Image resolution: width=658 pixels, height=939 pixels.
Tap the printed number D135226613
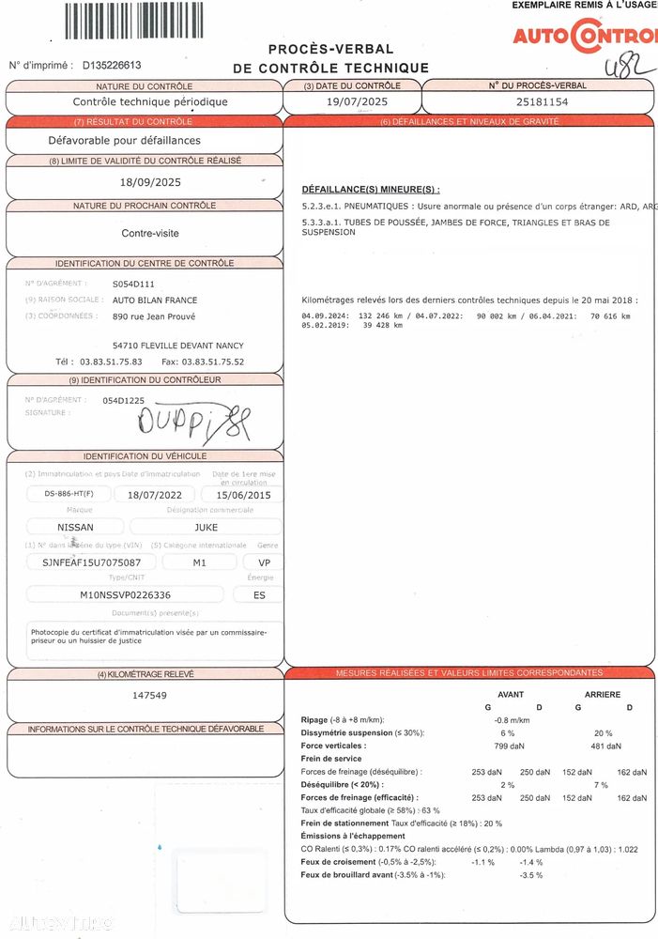point(112,66)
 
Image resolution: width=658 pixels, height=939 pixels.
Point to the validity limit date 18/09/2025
point(144,182)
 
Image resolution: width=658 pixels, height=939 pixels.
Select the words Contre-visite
point(150,233)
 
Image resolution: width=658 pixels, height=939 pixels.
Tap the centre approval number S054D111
point(133,283)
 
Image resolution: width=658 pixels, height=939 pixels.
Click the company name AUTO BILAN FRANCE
point(155,300)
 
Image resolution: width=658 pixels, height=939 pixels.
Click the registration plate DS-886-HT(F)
point(63,494)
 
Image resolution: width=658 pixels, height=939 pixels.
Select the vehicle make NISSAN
point(76,527)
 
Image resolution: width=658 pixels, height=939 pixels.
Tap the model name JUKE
point(206,527)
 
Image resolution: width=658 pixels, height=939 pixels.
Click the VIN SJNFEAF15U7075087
point(84,562)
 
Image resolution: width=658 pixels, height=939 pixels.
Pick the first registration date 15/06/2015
point(242,494)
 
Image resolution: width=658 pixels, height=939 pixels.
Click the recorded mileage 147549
point(150,696)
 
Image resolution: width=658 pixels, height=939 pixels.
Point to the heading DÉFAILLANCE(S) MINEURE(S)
point(371,190)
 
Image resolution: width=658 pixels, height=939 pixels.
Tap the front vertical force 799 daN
point(509,747)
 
